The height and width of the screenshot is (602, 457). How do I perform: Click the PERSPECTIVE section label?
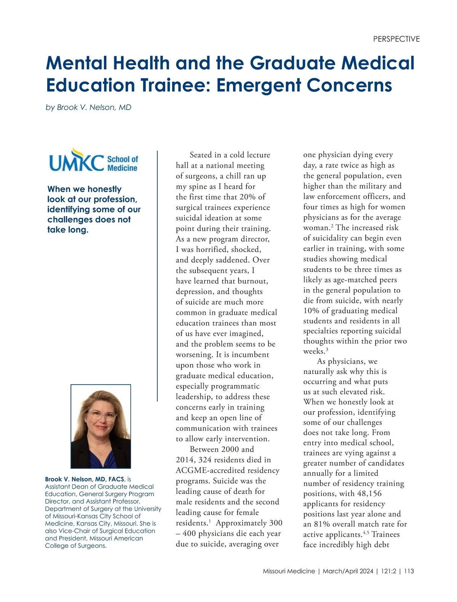coord(396,39)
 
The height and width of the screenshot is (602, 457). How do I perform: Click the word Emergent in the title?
coord(259,85)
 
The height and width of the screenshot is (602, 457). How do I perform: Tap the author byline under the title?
coord(88,107)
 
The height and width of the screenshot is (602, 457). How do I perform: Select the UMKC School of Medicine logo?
coord(93,161)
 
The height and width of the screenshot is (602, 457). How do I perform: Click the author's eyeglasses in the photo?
coord(101,416)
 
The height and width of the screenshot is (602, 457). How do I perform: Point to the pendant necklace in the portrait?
coord(101,453)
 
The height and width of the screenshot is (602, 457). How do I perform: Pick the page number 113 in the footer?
coord(409,571)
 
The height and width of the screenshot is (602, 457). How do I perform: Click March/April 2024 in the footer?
coord(348,571)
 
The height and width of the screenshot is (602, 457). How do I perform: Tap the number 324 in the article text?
coord(205,460)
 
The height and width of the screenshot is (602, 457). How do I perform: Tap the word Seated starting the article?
coord(201,155)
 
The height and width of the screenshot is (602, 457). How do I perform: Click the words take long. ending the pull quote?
coord(68,230)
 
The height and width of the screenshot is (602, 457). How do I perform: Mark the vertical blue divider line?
coord(157,276)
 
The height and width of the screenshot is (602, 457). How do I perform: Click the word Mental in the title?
coord(76,63)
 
